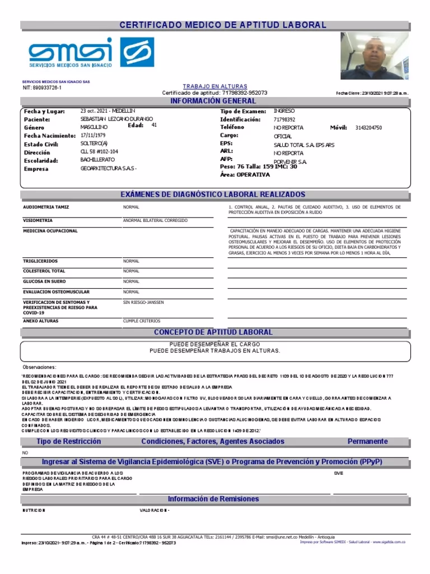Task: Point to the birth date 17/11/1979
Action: (94, 136)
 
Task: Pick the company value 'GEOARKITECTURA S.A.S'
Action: (109, 169)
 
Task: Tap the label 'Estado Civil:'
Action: (41, 144)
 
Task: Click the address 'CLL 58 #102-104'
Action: (100, 152)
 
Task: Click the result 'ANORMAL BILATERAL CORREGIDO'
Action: (155, 220)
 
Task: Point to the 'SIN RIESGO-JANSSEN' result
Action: (143, 302)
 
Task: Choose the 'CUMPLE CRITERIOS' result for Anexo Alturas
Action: (141, 321)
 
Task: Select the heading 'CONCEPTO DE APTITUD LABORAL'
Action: (213, 332)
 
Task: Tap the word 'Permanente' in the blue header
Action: (367, 442)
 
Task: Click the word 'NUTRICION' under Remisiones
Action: (34, 511)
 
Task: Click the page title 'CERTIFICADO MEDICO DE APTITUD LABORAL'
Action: (222, 25)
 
